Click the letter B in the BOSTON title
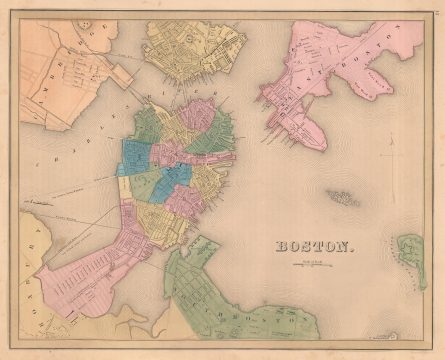click(x=280, y=246)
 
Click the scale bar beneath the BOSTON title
click(x=313, y=263)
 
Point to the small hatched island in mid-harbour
click(x=343, y=197)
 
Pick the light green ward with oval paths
click(x=150, y=185)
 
